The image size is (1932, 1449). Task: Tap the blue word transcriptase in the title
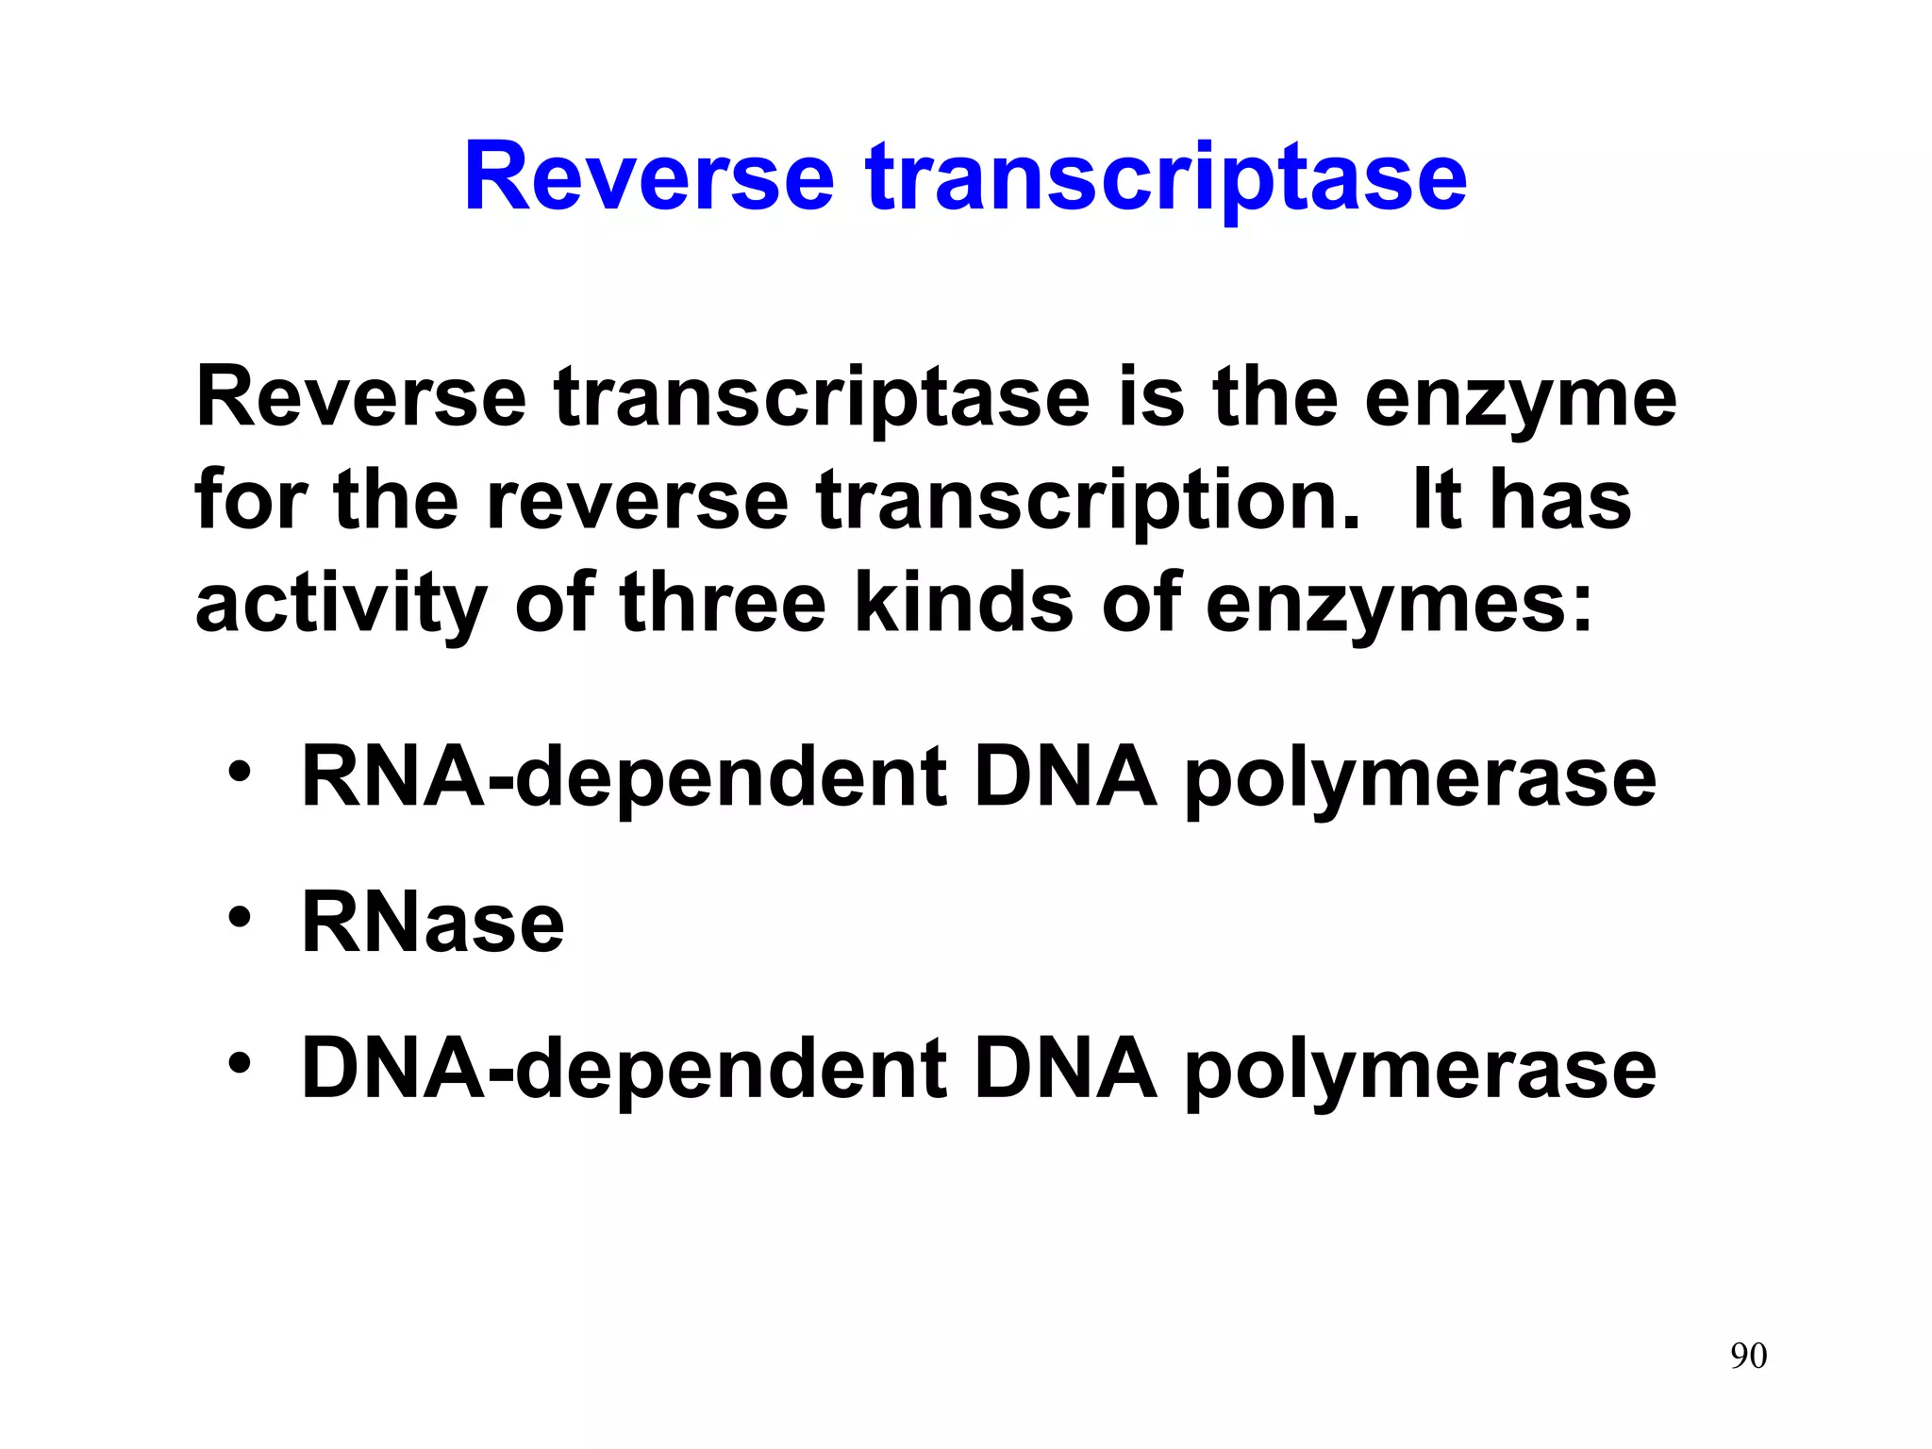(1167, 179)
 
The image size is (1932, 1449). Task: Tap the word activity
(341, 606)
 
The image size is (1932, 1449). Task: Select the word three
(723, 604)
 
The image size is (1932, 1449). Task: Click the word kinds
(963, 604)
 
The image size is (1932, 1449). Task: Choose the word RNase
(433, 924)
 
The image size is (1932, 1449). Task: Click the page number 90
(1748, 1356)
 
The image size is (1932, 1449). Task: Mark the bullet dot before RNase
(240, 918)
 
